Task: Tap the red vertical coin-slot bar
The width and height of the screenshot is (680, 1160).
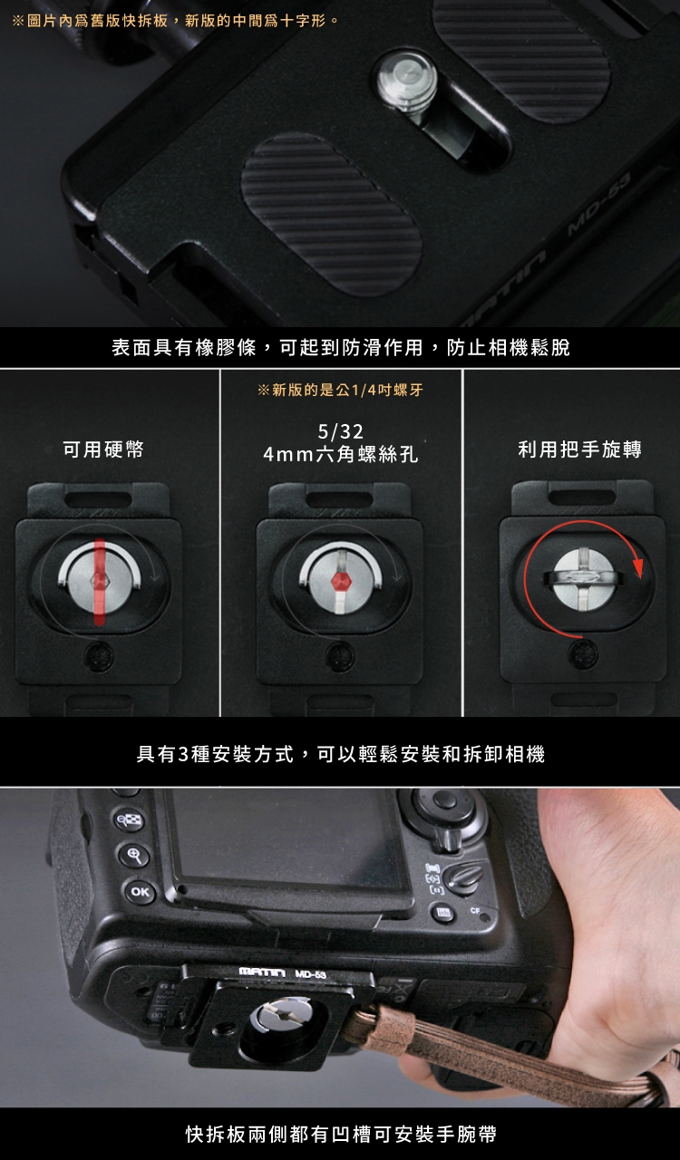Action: (100, 582)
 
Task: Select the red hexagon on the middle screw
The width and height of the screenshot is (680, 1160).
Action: (341, 581)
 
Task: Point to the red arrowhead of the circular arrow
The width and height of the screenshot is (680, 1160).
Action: (638, 567)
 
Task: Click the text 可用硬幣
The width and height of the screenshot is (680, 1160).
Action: (103, 449)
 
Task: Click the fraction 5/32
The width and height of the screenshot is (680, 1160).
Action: (341, 431)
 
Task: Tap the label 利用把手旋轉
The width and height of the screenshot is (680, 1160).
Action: (580, 449)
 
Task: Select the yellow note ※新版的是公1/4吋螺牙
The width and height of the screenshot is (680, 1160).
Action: (340, 390)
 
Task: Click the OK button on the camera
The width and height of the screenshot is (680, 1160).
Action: (140, 892)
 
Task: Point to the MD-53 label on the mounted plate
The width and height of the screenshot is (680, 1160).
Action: (310, 974)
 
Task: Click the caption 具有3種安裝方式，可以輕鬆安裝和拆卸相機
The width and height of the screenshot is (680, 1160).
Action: (341, 754)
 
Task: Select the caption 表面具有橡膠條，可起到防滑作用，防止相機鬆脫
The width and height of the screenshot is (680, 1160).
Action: (341, 347)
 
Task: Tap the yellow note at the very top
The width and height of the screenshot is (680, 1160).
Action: (175, 21)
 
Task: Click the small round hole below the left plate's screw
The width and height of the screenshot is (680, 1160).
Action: (99, 657)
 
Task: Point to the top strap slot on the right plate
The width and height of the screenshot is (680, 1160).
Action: (581, 498)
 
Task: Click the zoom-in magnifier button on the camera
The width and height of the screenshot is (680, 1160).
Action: (134, 855)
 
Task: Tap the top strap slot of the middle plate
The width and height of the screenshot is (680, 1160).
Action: (339, 499)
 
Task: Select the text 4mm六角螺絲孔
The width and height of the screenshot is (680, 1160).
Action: (341, 454)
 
